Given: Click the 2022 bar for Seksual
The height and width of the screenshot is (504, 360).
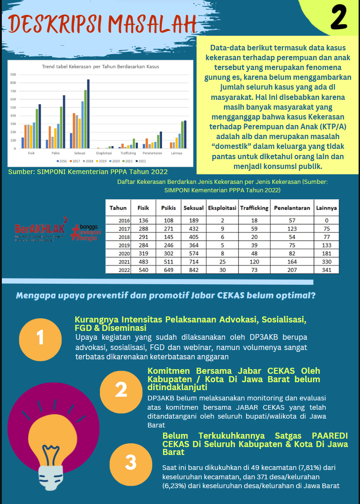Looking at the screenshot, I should click(x=88, y=114).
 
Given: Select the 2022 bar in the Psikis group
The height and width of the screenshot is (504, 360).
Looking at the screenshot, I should click(x=64, y=122).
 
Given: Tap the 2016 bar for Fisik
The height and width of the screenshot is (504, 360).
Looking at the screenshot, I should click(x=23, y=143).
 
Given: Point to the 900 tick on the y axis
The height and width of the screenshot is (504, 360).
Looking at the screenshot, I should click(x=13, y=75).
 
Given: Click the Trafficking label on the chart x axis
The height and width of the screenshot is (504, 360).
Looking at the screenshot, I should click(x=128, y=153).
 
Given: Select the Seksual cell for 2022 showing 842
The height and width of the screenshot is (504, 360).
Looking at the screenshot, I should click(x=191, y=270).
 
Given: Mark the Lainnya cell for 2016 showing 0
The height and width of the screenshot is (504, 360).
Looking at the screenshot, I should click(x=326, y=220).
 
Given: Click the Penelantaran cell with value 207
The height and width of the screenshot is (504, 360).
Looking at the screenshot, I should click(x=292, y=270).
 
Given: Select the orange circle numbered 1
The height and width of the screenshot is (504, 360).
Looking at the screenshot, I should click(x=40, y=337).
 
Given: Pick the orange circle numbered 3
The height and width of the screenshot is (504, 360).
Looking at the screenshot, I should click(x=131, y=462).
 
